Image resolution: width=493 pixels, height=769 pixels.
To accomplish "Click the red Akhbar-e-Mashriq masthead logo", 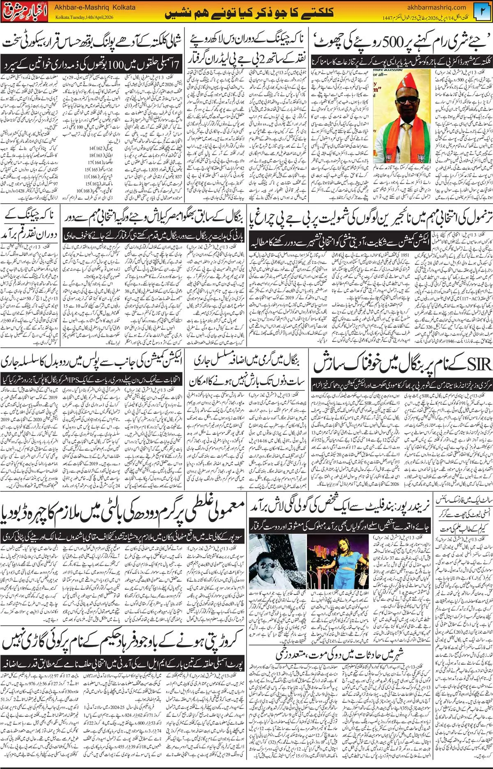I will point(24,12).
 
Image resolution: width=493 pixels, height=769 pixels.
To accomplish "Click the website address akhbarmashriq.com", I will point(437,7).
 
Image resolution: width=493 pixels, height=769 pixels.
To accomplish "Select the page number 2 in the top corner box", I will point(482,12).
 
